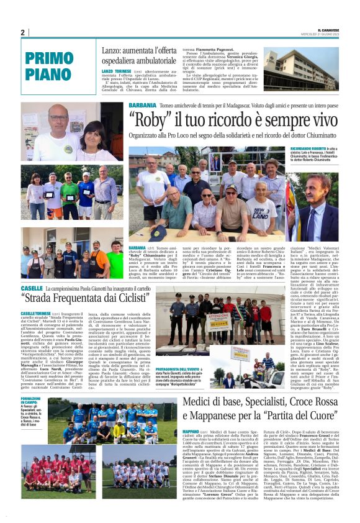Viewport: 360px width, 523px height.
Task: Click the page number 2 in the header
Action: [23, 32]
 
